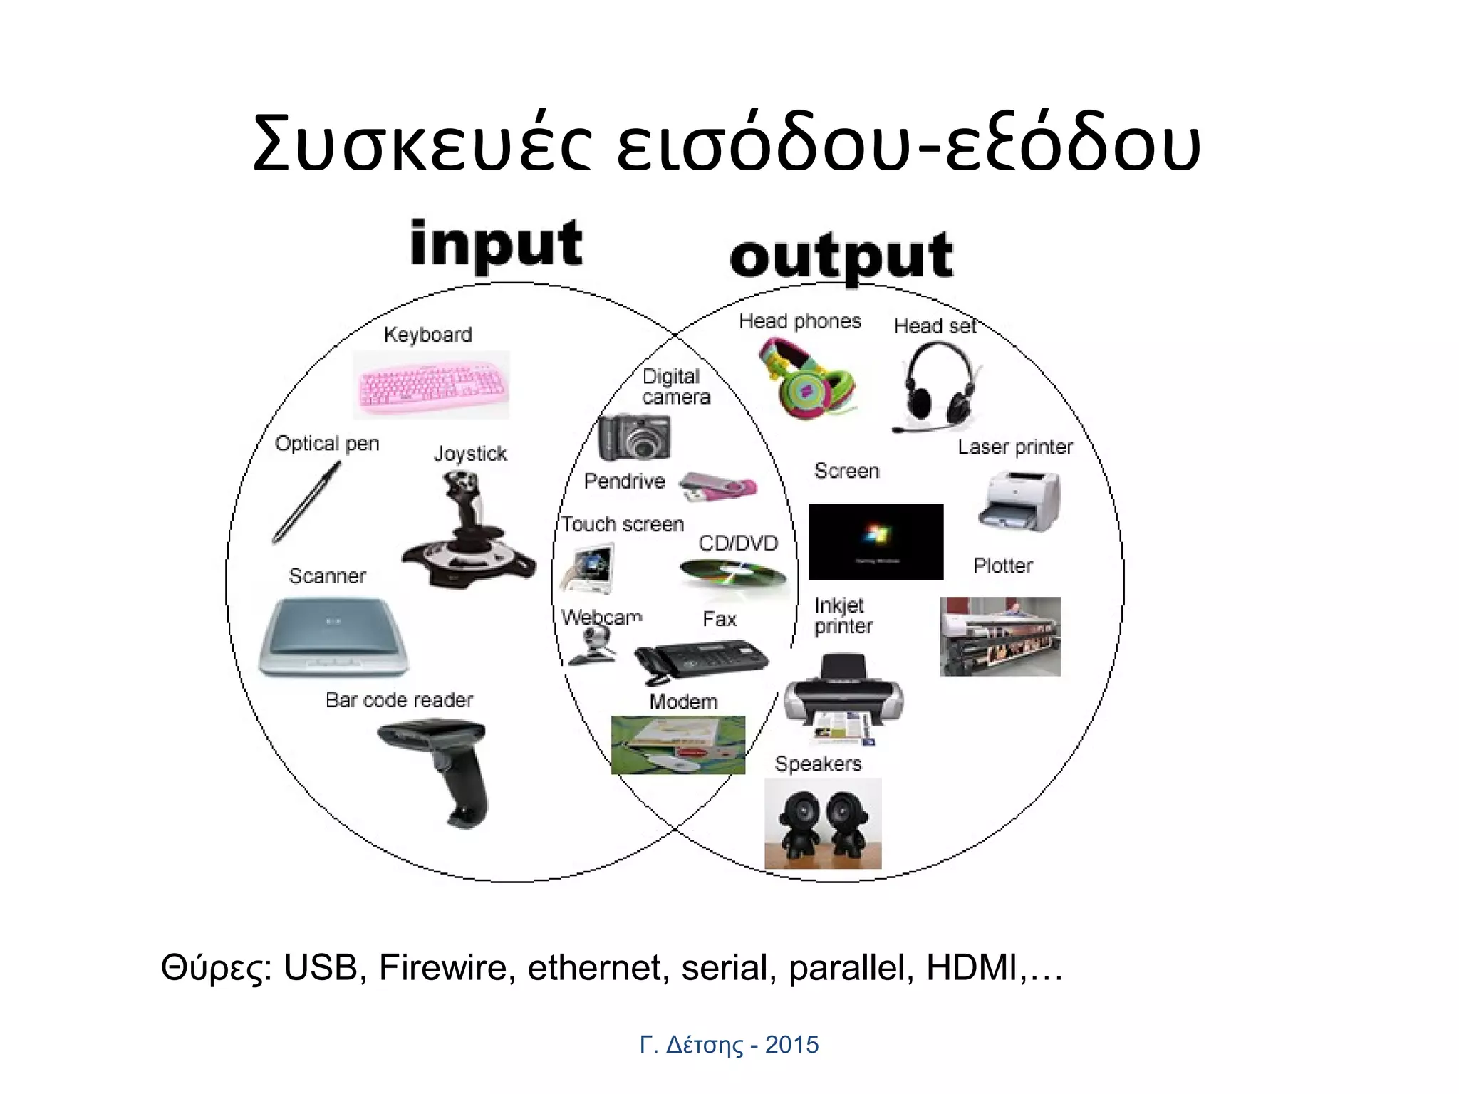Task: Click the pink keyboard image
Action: (x=432, y=385)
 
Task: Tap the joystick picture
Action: (x=467, y=531)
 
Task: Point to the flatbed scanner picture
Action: (x=333, y=637)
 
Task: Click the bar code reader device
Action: (x=443, y=769)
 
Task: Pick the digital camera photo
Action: (x=633, y=437)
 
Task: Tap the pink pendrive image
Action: (x=717, y=487)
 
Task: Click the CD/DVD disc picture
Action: (x=732, y=573)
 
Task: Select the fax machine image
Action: (x=700, y=660)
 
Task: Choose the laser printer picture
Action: (x=1020, y=501)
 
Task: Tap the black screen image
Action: (x=876, y=541)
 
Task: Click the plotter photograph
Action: (x=1000, y=636)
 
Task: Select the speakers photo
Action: (x=823, y=823)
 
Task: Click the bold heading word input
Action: (x=497, y=244)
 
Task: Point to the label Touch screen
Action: (x=622, y=524)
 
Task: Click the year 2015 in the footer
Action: (x=791, y=1045)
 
